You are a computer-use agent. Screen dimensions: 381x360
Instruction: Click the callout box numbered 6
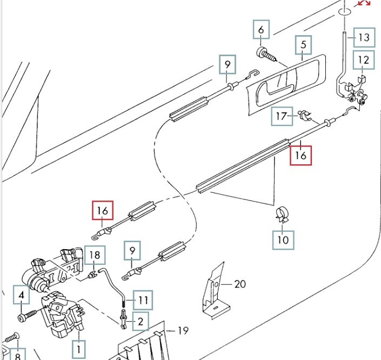261,29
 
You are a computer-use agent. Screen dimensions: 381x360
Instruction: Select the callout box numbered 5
304,45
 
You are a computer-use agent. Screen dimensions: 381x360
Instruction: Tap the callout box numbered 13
364,37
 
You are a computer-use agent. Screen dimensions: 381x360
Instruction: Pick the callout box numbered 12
364,60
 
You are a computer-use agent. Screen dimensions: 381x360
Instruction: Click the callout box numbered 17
282,116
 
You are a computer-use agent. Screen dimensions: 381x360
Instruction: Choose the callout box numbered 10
283,240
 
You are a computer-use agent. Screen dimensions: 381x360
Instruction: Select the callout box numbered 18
95,255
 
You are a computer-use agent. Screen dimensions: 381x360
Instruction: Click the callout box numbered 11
143,300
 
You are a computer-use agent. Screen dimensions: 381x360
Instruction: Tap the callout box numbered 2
141,322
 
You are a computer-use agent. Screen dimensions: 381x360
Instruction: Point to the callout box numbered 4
22,295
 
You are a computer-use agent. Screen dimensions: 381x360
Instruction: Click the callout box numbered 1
79,350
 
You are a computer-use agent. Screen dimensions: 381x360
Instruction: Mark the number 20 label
240,284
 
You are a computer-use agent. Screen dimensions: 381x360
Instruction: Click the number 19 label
183,331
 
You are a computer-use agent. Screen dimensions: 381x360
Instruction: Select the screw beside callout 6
266,55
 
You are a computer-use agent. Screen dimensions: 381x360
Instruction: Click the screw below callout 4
27,316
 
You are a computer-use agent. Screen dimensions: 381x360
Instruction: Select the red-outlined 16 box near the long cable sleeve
300,156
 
